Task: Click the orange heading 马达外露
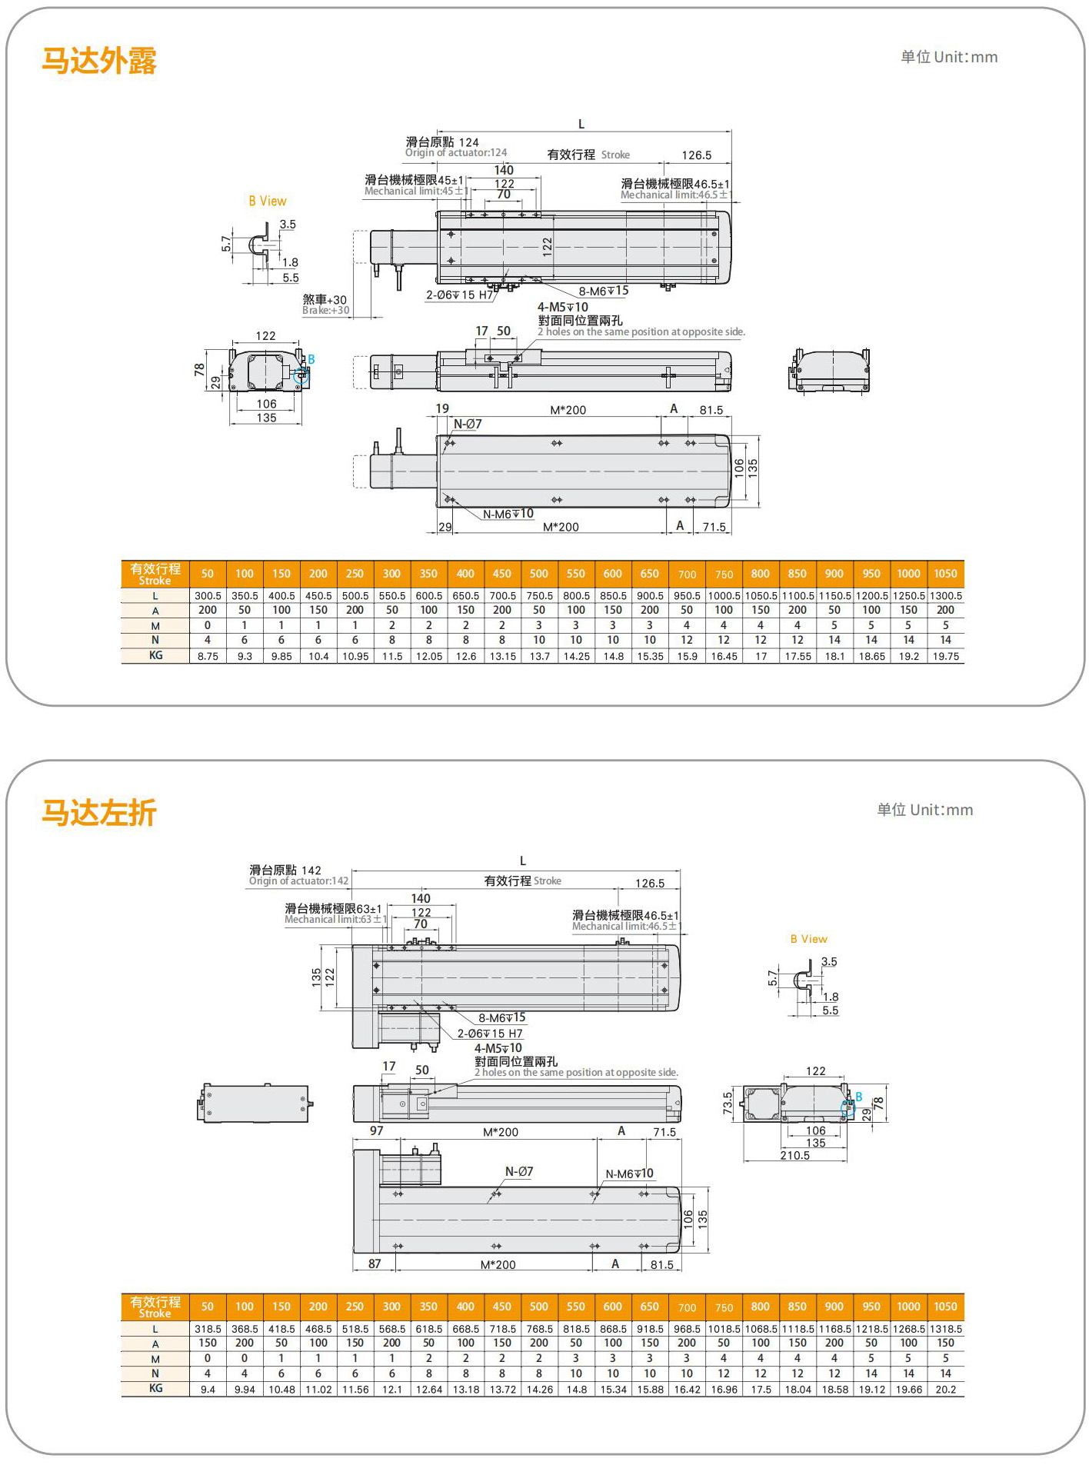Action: point(98,61)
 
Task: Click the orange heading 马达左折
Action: point(98,813)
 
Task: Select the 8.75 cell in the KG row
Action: point(208,656)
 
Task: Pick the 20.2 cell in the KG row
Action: point(945,1390)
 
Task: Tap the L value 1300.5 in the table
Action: point(945,596)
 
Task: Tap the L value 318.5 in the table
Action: point(208,1329)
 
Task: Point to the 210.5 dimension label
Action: point(794,1155)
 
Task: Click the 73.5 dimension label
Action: point(728,1102)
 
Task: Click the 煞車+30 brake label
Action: point(325,299)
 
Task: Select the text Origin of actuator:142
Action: point(298,881)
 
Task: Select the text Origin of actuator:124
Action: point(456,152)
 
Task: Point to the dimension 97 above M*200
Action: point(376,1130)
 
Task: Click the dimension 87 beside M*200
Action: point(375,1264)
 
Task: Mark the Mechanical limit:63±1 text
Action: point(335,920)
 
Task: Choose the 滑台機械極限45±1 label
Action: point(414,179)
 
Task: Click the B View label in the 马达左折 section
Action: point(808,939)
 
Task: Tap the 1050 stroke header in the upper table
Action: point(945,574)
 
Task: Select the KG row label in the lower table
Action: point(155,1389)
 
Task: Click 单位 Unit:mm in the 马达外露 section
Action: point(949,57)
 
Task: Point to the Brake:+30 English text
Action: point(325,311)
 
